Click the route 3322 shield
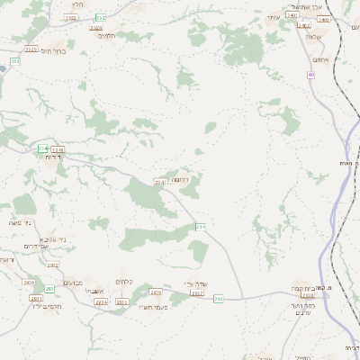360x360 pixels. [x=99, y=18]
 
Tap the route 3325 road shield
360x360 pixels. [x=31, y=49]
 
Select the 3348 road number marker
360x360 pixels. [x=58, y=149]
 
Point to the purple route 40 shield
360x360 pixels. [x=311, y=75]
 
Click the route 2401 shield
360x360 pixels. [x=292, y=16]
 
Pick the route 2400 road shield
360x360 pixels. [x=324, y=19]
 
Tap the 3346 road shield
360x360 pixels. [x=160, y=183]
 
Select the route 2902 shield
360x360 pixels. [x=53, y=265]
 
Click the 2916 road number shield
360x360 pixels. [x=155, y=292]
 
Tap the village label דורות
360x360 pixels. [x=52, y=157]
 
